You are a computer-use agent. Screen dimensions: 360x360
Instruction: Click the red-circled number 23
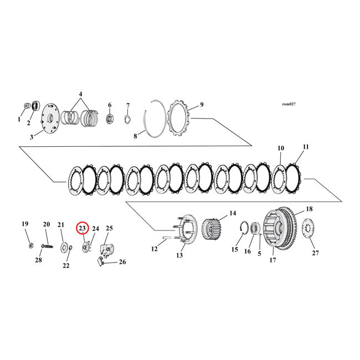pos(83,228)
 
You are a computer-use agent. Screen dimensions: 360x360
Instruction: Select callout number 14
pos(233,213)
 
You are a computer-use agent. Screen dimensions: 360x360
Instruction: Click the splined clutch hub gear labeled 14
pos(213,227)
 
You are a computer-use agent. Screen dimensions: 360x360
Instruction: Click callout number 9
pos(202,104)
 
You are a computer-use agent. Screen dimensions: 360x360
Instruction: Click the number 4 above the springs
pos(80,94)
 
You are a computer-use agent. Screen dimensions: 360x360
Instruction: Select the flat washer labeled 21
pos(65,245)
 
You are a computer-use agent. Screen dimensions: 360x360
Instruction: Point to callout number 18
pos(309,209)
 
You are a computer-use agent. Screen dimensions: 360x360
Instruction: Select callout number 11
pos(306,147)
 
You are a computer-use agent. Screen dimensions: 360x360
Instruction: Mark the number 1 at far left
pos(18,119)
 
